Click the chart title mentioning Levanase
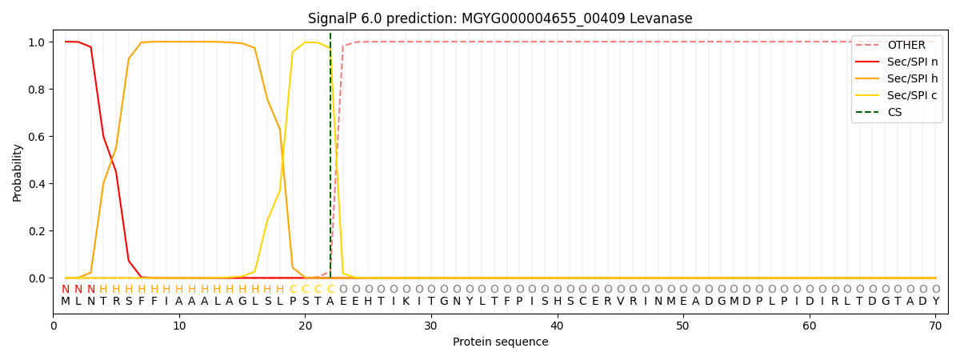click(x=500, y=18)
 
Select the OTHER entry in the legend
click(x=906, y=46)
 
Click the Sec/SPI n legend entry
click(x=912, y=62)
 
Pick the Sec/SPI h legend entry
click(x=912, y=79)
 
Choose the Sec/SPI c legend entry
click(x=912, y=96)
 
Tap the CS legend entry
click(x=894, y=113)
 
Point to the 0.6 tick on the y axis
click(x=37, y=137)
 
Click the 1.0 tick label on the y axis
click(x=37, y=42)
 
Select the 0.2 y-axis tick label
click(x=37, y=231)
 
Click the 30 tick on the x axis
click(x=431, y=326)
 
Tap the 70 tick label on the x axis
click(x=935, y=326)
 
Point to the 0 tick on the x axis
click(x=54, y=326)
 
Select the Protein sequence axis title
click(x=500, y=342)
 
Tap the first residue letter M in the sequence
click(x=66, y=302)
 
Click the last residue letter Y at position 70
click(x=935, y=302)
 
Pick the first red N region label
click(x=66, y=290)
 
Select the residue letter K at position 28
click(x=406, y=302)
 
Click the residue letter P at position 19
click(x=293, y=302)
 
